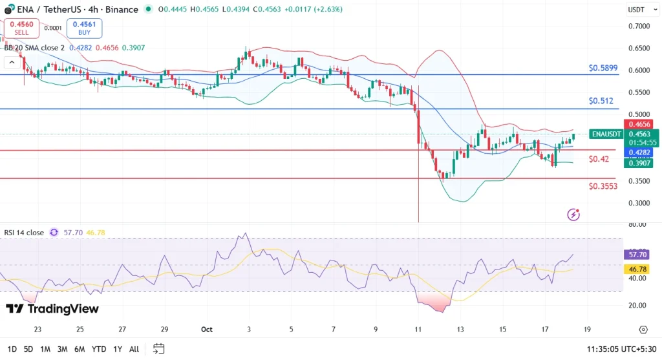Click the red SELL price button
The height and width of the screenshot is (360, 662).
pyautogui.click(x=21, y=28)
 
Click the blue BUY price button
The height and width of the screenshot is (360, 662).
pyautogui.click(x=84, y=28)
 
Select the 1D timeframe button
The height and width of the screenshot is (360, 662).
pyautogui.click(x=12, y=349)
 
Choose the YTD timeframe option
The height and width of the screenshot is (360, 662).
pyautogui.click(x=99, y=349)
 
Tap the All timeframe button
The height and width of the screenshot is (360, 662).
pyautogui.click(x=134, y=349)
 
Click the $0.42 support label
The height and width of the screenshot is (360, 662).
pyautogui.click(x=599, y=159)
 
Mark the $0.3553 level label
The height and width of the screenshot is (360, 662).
pyautogui.click(x=603, y=186)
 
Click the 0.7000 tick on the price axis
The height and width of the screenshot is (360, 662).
pyautogui.click(x=638, y=26)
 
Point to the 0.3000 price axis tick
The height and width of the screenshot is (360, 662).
pyautogui.click(x=638, y=203)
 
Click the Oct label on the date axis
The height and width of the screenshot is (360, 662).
pyautogui.click(x=207, y=329)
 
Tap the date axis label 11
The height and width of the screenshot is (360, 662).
pyautogui.click(x=418, y=329)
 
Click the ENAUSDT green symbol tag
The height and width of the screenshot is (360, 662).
pyautogui.click(x=606, y=134)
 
